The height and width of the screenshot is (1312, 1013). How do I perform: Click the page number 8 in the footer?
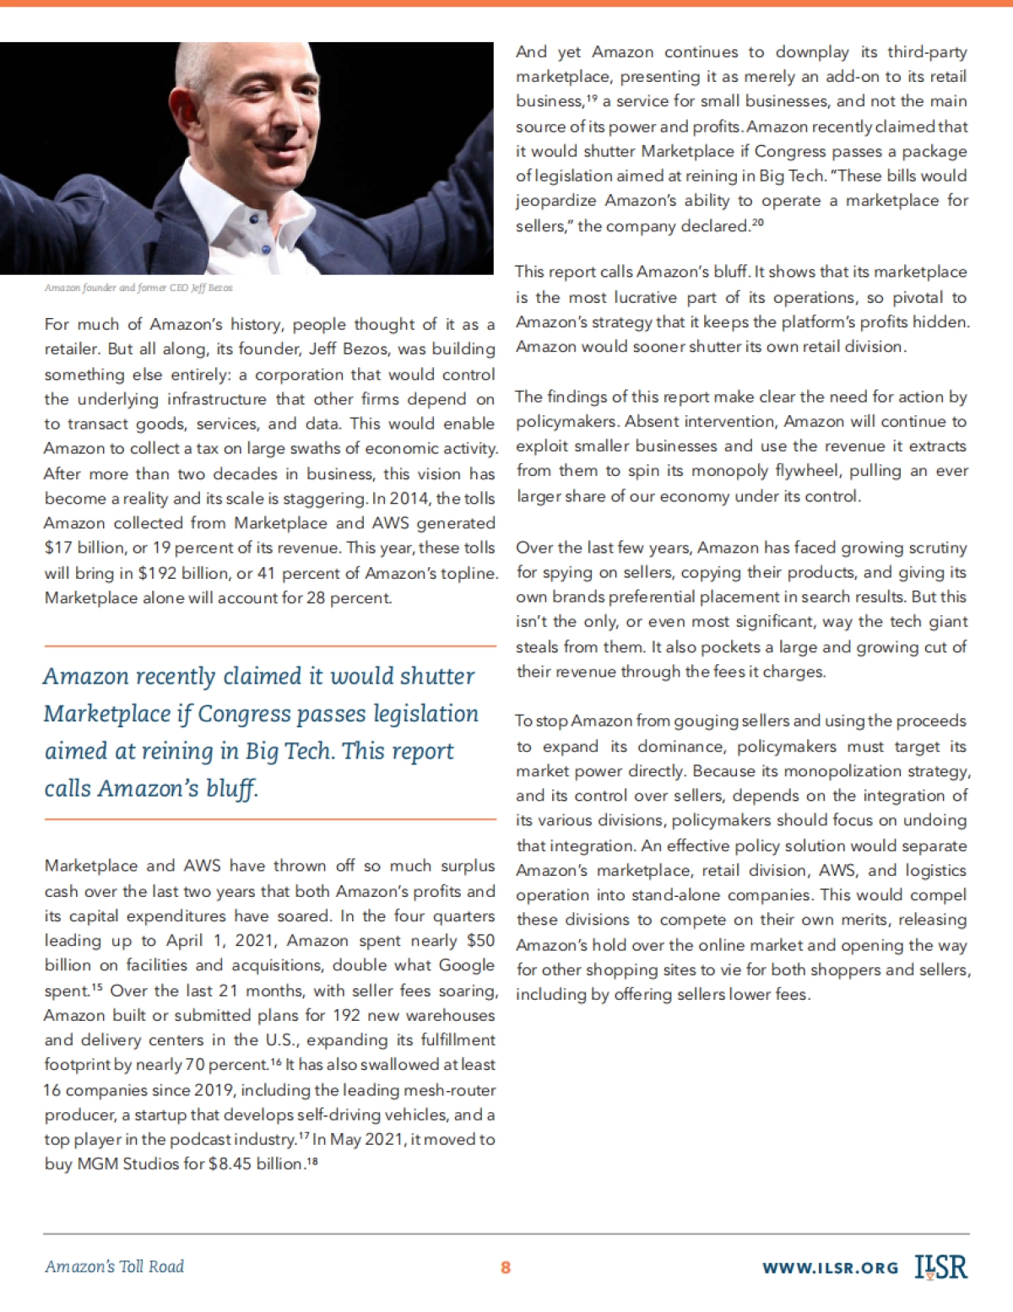506,1267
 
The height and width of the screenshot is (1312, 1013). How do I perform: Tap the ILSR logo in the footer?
941,1267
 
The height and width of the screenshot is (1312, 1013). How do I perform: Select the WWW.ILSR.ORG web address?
830,1268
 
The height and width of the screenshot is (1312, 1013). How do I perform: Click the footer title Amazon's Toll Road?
114,1266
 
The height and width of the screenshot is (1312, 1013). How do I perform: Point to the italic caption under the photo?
138,288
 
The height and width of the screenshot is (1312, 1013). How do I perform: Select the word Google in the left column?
466,965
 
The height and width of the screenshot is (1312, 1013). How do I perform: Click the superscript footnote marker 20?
757,223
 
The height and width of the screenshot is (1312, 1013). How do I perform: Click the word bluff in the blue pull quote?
231,789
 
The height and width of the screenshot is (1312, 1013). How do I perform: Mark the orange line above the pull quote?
269,646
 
